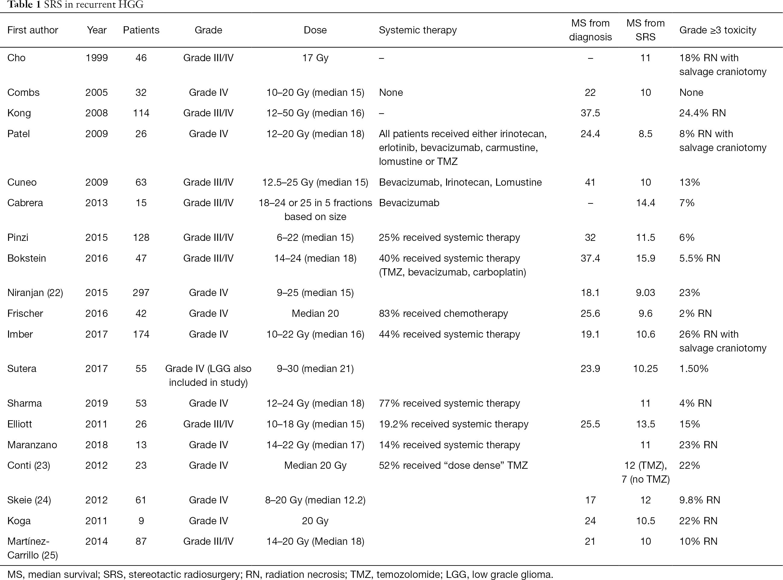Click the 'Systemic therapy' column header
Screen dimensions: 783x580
(x=418, y=30)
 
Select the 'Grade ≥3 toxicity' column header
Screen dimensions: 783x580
(x=717, y=30)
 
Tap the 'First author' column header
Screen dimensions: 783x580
(x=33, y=30)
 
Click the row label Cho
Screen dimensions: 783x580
(x=16, y=58)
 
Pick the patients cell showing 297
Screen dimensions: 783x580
(x=141, y=292)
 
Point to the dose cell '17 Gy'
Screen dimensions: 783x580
(x=315, y=58)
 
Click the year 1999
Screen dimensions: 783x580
(x=96, y=58)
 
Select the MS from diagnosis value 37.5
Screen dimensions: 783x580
(x=590, y=113)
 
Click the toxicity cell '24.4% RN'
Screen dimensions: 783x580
(x=702, y=113)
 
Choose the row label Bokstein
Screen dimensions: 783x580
(x=27, y=258)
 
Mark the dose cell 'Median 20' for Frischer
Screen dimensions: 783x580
(x=315, y=313)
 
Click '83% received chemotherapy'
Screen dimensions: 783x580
(x=443, y=313)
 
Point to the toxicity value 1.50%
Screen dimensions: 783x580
(x=694, y=369)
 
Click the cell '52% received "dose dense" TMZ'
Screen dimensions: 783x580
(x=453, y=465)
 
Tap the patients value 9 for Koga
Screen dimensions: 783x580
(x=141, y=521)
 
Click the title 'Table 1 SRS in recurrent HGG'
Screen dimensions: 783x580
(x=75, y=5)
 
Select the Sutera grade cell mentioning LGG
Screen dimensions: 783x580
(x=208, y=375)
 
